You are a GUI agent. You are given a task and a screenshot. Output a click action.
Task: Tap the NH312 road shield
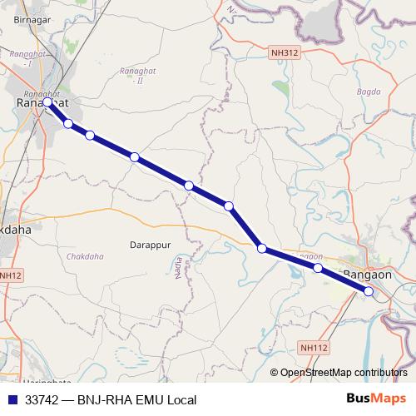pos(284,52)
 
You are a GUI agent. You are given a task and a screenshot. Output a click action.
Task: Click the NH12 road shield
pos(11,275)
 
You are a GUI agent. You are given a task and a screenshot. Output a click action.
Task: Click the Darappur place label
pos(151,245)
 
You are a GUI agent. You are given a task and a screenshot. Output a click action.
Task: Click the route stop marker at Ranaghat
pos(47,103)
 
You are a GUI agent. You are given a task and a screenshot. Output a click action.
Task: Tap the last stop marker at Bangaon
pos(369,291)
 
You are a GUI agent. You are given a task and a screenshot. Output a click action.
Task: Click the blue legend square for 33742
pos(11,400)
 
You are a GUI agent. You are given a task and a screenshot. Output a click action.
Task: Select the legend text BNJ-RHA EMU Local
pos(138,400)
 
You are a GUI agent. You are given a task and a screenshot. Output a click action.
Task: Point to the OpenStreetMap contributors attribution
pos(344,373)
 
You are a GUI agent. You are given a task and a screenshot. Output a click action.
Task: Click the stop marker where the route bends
pos(261,248)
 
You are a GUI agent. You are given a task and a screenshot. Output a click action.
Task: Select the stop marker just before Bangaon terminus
pos(318,269)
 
